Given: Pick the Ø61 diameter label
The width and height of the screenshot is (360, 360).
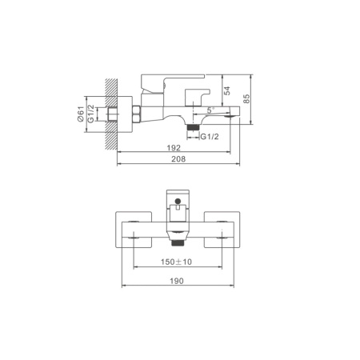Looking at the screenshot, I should click(81, 115).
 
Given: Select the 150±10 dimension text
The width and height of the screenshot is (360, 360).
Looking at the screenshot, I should click(178, 261).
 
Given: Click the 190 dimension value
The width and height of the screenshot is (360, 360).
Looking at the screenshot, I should click(178, 281).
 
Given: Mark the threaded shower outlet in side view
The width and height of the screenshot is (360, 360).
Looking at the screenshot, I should click(192, 125).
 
